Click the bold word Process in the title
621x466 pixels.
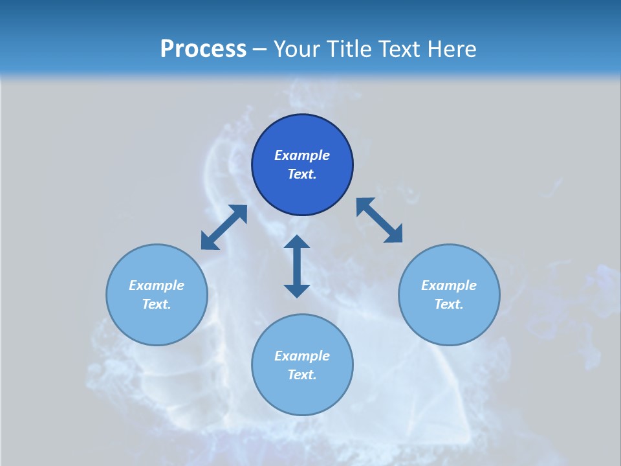tap(203, 49)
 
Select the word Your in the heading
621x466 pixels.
tap(298, 49)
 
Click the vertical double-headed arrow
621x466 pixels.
tap(297, 266)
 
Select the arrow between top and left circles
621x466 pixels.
tap(224, 227)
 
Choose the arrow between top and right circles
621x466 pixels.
tap(379, 220)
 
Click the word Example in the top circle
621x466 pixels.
tap(302, 155)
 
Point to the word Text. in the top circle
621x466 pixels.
tap(302, 174)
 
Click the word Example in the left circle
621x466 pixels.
tap(157, 285)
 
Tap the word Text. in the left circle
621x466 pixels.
tap(157, 304)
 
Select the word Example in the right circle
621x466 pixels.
tap(449, 285)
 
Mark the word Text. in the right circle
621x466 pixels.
tap(449, 304)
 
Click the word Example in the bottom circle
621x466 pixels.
tap(302, 356)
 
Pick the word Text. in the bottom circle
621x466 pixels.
tap(302, 375)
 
